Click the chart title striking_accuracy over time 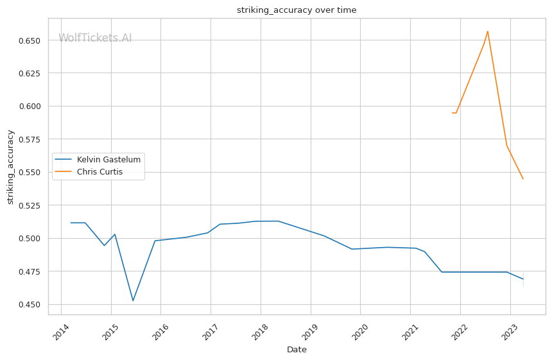point(297,10)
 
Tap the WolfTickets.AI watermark point(95,39)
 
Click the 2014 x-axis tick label point(59,334)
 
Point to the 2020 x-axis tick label point(359,334)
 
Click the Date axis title point(297,350)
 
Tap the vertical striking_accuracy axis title point(10,167)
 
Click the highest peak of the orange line point(488,31)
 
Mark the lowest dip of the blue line point(133,301)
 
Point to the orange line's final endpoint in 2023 point(523,179)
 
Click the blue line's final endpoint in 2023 point(523,279)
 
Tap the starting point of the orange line point(453,113)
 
